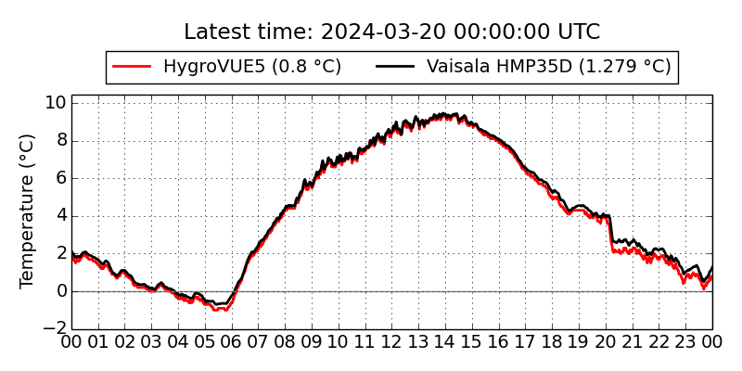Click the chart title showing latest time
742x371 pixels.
coord(391,32)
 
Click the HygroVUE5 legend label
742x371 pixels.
coord(252,67)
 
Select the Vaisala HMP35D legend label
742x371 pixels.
coord(548,67)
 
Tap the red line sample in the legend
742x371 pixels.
coord(131,67)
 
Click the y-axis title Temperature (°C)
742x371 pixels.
coord(27,211)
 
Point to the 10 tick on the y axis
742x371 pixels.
coord(55,102)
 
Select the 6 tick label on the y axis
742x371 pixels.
coord(60,178)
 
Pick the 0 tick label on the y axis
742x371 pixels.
coord(60,291)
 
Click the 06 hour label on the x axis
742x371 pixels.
coord(232,342)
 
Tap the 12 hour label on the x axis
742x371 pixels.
coord(392,342)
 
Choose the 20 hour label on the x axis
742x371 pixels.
coord(606,342)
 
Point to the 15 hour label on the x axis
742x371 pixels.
coord(472,342)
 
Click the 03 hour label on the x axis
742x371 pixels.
coord(151,342)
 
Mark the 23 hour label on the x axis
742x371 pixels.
coord(686,342)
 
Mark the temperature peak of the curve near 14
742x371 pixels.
coord(443,115)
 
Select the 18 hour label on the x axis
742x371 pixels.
coord(553,342)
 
